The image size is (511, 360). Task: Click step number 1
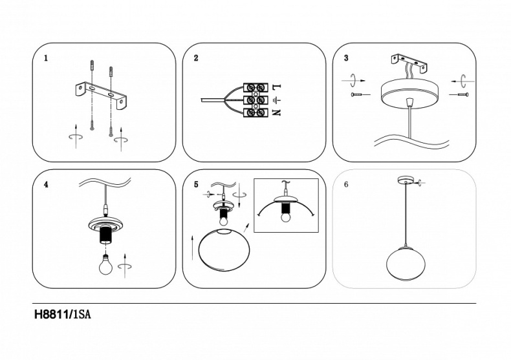coord(45,58)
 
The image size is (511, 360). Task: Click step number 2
coord(196,58)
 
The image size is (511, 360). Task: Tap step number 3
coord(346,58)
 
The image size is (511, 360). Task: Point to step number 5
coord(196,184)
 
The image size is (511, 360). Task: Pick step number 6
coord(346,184)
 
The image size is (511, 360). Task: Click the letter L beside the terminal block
coord(276,87)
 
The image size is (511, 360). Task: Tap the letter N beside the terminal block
coord(276,113)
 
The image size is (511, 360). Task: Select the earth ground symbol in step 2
coord(276,100)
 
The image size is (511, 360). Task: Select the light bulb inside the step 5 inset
coord(285,217)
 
